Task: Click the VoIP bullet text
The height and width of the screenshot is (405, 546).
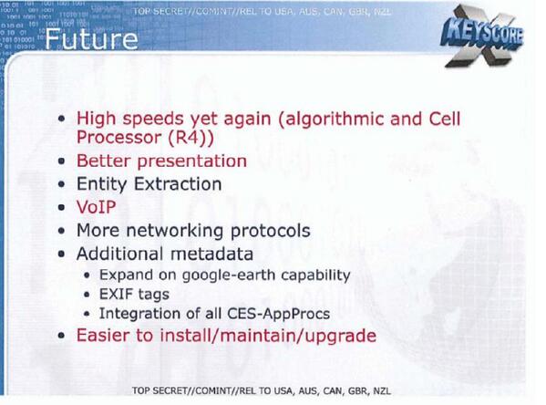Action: pos(98,207)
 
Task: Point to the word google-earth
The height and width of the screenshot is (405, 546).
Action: pos(230,274)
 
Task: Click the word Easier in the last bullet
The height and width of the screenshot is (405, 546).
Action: pos(106,336)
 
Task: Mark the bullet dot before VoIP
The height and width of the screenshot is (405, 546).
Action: pos(61,208)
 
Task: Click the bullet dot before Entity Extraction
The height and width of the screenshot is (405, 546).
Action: pos(61,184)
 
